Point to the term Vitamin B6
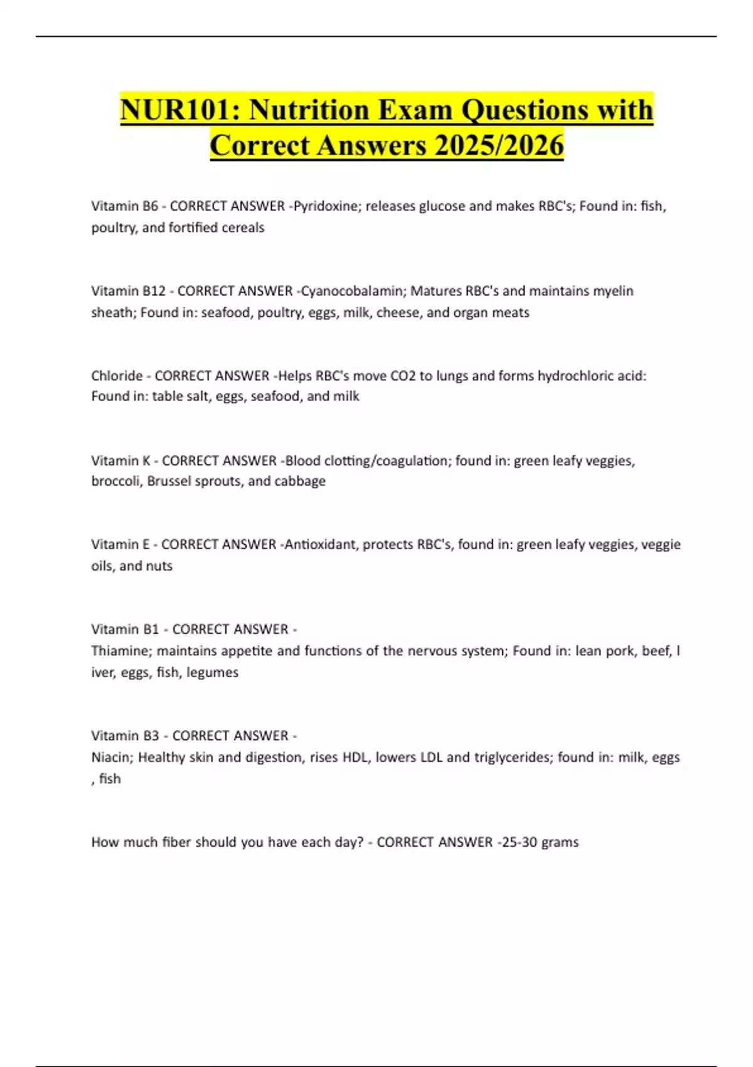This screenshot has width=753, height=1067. [x=124, y=206]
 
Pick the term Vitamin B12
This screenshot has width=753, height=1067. [x=128, y=291]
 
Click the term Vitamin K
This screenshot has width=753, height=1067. [x=120, y=460]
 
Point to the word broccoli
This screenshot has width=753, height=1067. [x=115, y=481]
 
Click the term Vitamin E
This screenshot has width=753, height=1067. [x=120, y=544]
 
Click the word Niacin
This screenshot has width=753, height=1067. [x=110, y=757]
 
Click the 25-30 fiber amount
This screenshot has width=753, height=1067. [x=518, y=842]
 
